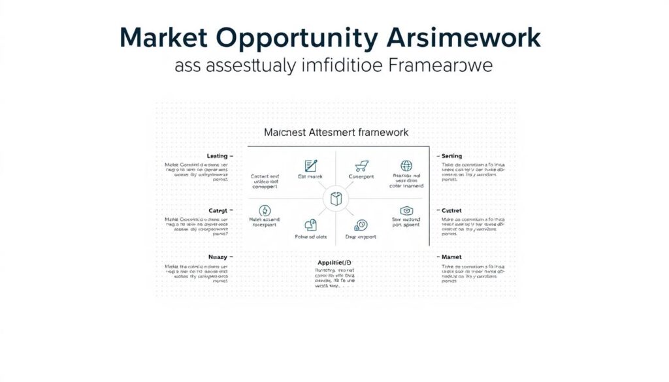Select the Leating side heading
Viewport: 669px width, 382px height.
click(217, 156)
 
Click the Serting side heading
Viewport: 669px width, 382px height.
click(451, 156)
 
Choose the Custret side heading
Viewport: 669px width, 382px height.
click(451, 211)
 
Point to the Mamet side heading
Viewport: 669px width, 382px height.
click(451, 257)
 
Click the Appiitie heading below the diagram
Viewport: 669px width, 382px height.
click(335, 263)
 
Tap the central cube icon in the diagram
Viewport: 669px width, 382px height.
click(335, 199)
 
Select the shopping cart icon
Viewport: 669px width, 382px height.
click(361, 166)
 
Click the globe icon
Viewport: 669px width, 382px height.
click(406, 166)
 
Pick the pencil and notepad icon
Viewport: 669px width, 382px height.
click(310, 166)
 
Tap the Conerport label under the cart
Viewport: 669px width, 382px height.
click(361, 176)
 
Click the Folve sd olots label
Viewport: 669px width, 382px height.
click(311, 237)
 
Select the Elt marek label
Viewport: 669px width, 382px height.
click(310, 176)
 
